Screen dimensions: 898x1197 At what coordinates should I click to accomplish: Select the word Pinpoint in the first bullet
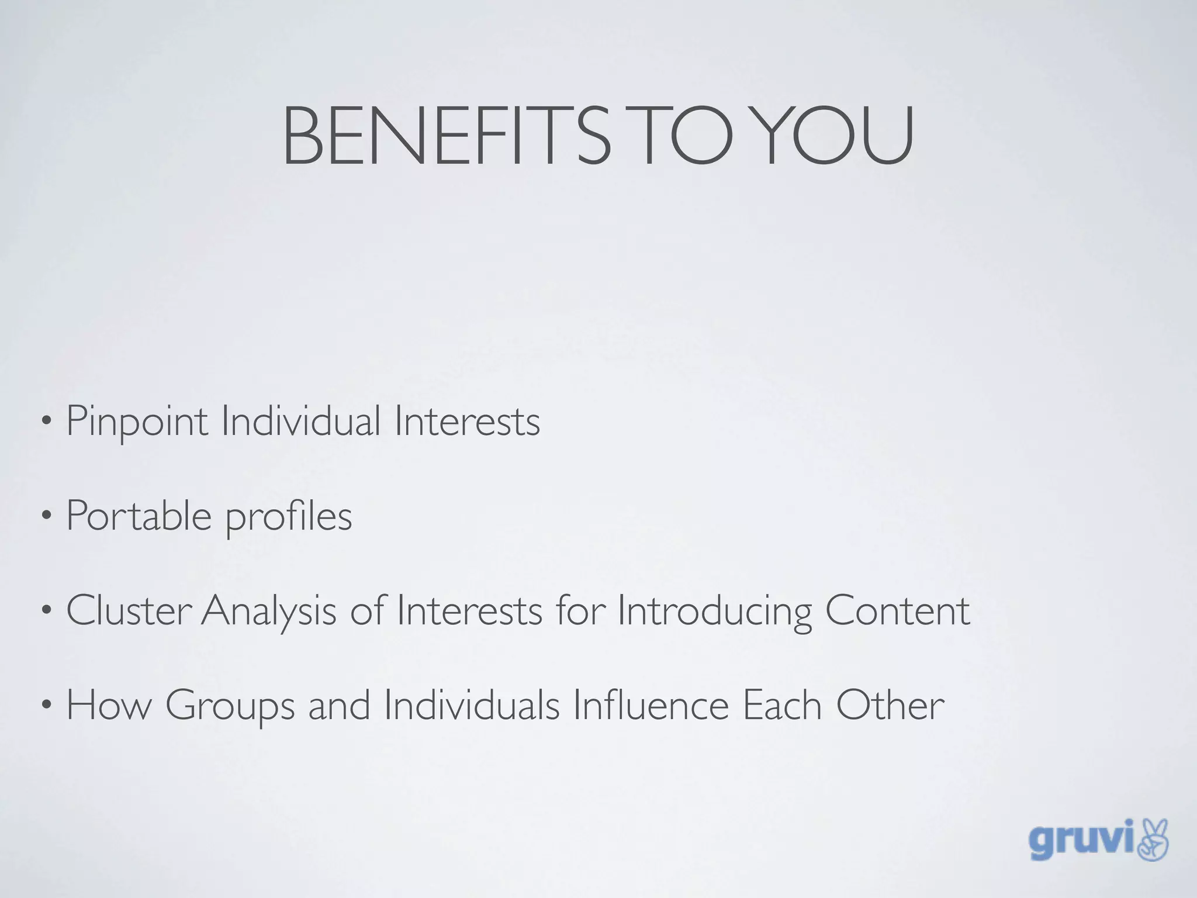click(137, 422)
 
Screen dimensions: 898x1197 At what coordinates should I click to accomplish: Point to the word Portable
click(139, 516)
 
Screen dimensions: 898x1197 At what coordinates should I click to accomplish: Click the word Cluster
click(129, 610)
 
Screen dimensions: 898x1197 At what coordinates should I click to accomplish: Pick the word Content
click(898, 610)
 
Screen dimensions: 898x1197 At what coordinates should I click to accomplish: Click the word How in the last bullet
click(109, 705)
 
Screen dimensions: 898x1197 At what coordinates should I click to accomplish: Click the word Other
click(890, 705)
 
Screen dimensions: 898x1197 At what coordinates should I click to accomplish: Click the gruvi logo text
click(1081, 841)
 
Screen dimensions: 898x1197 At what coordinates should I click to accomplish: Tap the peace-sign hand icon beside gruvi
click(1153, 840)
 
